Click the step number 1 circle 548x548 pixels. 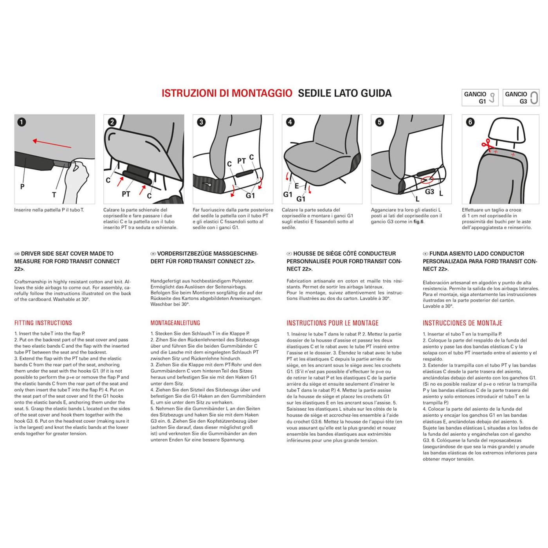coord(22,122)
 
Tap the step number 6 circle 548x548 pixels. coord(470,122)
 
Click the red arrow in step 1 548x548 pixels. coord(52,144)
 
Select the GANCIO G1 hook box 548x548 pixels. coord(480,97)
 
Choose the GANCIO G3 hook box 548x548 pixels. coord(521,97)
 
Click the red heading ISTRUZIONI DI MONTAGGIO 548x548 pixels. coord(227,93)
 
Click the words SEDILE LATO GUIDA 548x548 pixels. coord(344,93)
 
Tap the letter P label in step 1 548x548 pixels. coord(22,187)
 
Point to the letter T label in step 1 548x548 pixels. coord(54,195)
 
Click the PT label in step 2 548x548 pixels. coord(126,194)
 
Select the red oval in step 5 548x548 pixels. coord(427,180)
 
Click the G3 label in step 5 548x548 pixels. coord(429,191)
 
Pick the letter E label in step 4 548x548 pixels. coord(297,186)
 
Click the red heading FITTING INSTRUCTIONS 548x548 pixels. coord(43,323)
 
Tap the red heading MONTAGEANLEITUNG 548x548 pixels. coord(175,323)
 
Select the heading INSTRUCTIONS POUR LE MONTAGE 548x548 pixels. coord(332,323)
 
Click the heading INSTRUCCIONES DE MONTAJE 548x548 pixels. coord(462,323)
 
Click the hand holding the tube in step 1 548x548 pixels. coord(76,178)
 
